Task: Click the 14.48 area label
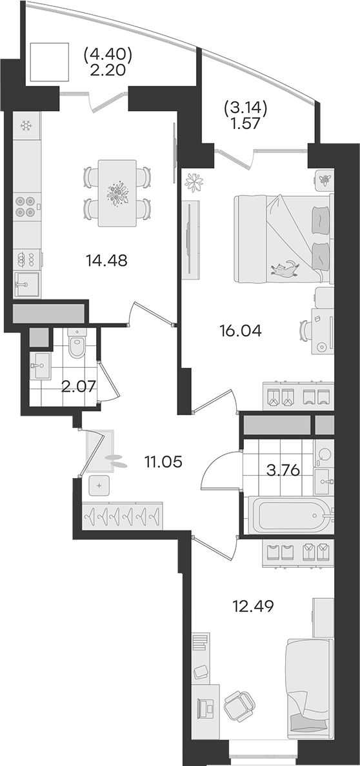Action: click(106, 261)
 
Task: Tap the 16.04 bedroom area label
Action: click(241, 331)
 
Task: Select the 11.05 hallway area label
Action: click(163, 461)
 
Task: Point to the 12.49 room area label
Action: click(252, 606)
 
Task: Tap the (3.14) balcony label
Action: click(246, 108)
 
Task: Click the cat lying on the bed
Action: click(285, 268)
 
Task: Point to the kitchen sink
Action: click(27, 284)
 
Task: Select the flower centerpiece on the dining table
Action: click(117, 194)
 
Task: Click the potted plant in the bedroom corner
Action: click(194, 183)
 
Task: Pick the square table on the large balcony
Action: click(49, 61)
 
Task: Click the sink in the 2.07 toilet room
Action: click(40, 366)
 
